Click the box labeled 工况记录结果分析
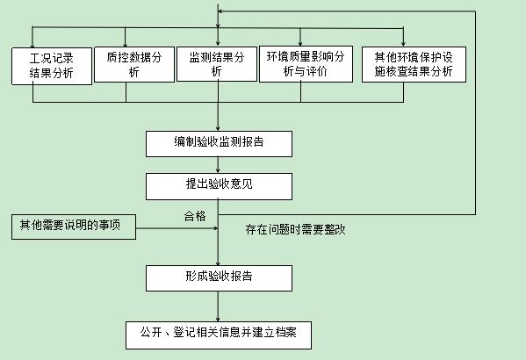52,66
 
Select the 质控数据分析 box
134,64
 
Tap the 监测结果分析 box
217,64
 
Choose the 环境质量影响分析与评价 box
306,64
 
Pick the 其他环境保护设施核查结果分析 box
414,64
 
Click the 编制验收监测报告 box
219,144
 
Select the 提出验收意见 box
219,186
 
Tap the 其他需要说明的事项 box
74,227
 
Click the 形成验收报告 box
219,278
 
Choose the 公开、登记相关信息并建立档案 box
219,335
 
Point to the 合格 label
195,216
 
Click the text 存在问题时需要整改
295,229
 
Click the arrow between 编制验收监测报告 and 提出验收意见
218,165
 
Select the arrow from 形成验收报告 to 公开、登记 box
218,306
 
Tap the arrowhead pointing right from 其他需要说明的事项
216,228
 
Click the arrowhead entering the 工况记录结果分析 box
32,45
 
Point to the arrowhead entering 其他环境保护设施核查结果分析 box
403,44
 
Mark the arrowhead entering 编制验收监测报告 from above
218,128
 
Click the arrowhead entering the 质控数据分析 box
125,44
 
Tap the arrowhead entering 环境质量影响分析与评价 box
300,44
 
